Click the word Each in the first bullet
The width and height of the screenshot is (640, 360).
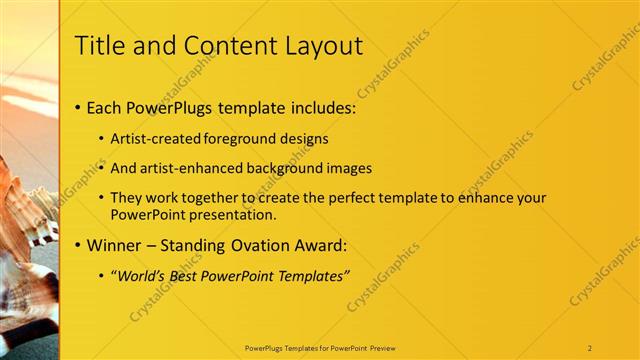click(x=105, y=106)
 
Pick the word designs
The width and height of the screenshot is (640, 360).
click(x=305, y=139)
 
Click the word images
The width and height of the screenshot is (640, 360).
click(x=350, y=168)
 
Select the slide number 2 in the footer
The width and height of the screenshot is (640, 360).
click(x=590, y=348)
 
